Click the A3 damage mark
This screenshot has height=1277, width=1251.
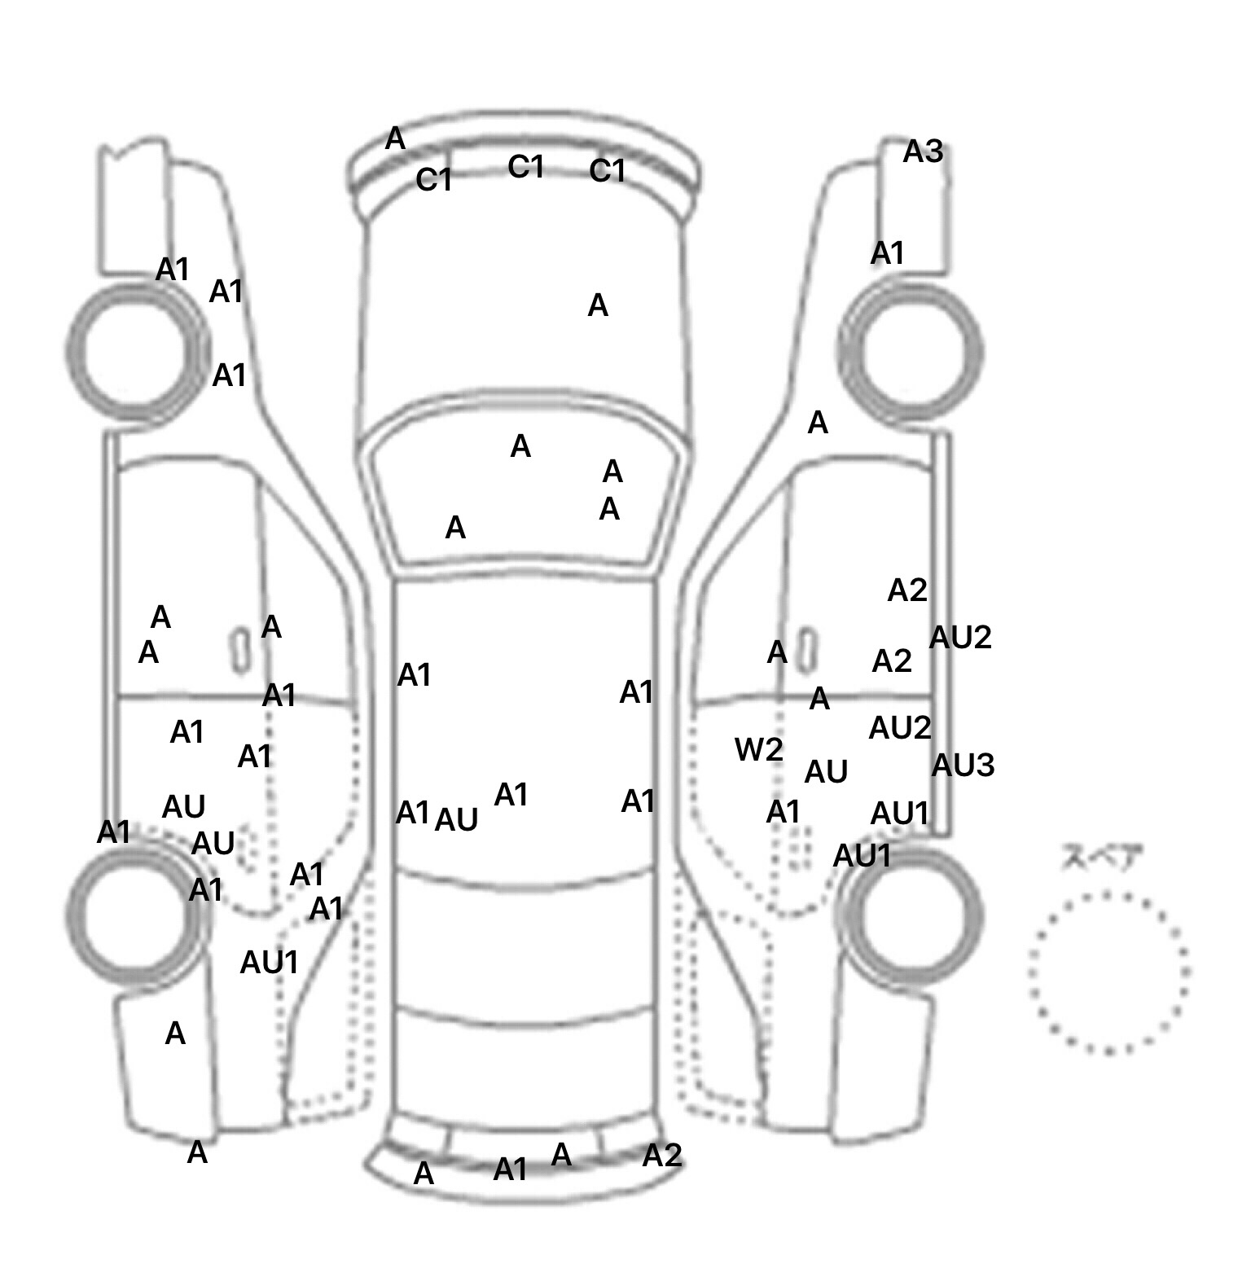pyautogui.click(x=923, y=151)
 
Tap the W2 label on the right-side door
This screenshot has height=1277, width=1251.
pyautogui.click(x=758, y=749)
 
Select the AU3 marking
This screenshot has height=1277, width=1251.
pyautogui.click(x=963, y=765)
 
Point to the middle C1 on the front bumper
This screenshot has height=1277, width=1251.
pyautogui.click(x=525, y=167)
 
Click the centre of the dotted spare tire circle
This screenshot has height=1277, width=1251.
pyautogui.click(x=1108, y=971)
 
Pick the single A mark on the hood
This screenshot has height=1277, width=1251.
pyautogui.click(x=598, y=306)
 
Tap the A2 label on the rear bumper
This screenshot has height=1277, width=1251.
pyautogui.click(x=661, y=1155)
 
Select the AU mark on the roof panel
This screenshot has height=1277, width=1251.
pyautogui.click(x=456, y=820)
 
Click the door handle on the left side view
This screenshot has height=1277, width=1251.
pyautogui.click(x=240, y=650)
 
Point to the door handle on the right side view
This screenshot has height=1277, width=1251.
pyautogui.click(x=806, y=650)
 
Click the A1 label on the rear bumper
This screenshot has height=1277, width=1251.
pyautogui.click(x=511, y=1169)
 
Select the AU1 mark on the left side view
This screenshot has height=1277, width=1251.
pyautogui.click(x=269, y=963)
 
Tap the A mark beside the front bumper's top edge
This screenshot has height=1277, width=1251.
pyautogui.click(x=395, y=139)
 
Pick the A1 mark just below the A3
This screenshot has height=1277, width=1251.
pyautogui.click(x=887, y=253)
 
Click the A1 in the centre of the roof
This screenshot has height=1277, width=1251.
pyautogui.click(x=511, y=794)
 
